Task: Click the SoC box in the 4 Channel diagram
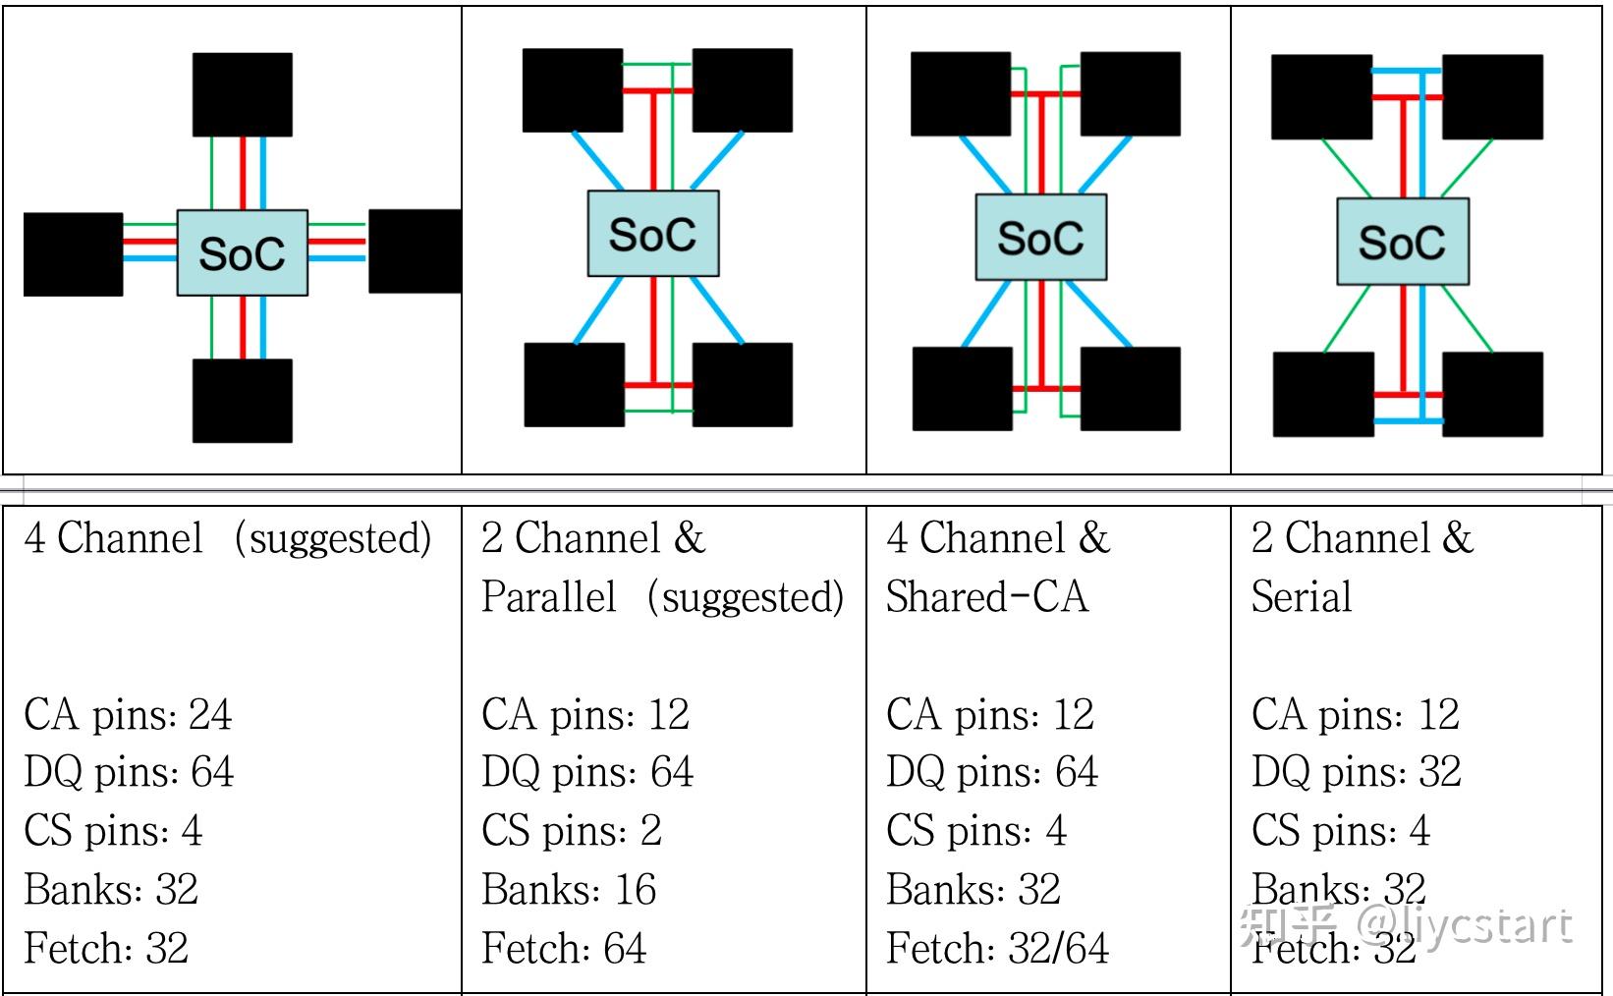[x=242, y=252]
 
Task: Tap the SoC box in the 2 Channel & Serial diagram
[x=1402, y=242]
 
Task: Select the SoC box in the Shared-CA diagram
[x=1040, y=237]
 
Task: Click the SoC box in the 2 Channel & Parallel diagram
[x=652, y=233]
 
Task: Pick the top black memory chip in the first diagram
[x=242, y=94]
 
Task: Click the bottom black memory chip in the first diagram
[x=242, y=400]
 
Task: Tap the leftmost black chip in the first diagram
[x=73, y=253]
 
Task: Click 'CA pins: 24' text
[x=128, y=714]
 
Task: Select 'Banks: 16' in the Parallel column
[x=569, y=889]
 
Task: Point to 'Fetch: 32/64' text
[x=997, y=948]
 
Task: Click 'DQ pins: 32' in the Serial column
[x=1356, y=772]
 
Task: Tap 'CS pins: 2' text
[x=572, y=831]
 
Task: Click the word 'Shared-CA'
[x=986, y=596]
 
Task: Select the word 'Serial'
[x=1302, y=596]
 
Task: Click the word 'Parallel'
[x=549, y=596]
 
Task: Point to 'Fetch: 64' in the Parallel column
[x=564, y=948]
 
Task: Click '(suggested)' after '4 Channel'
[x=333, y=538]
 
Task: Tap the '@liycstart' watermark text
[x=1464, y=924]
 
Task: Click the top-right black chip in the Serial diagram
[x=1491, y=96]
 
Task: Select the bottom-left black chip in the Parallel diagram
[x=574, y=384]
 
